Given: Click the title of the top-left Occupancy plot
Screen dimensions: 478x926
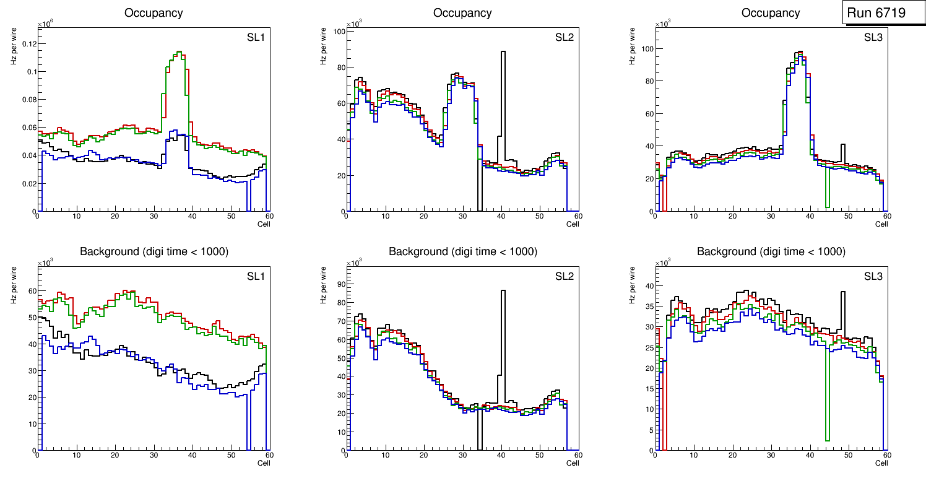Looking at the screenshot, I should point(154,12).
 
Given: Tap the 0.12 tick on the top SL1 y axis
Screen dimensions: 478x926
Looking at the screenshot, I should point(28,44).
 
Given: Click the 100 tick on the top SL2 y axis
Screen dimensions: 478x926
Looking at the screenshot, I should point(339,31).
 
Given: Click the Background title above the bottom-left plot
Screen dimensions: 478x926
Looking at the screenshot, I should point(154,251).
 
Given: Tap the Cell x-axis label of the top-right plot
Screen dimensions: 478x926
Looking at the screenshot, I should point(881,224).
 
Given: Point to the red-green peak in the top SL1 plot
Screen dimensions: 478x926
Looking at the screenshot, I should point(178,54).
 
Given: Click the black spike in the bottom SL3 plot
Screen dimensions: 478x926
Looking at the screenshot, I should point(842,297).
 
